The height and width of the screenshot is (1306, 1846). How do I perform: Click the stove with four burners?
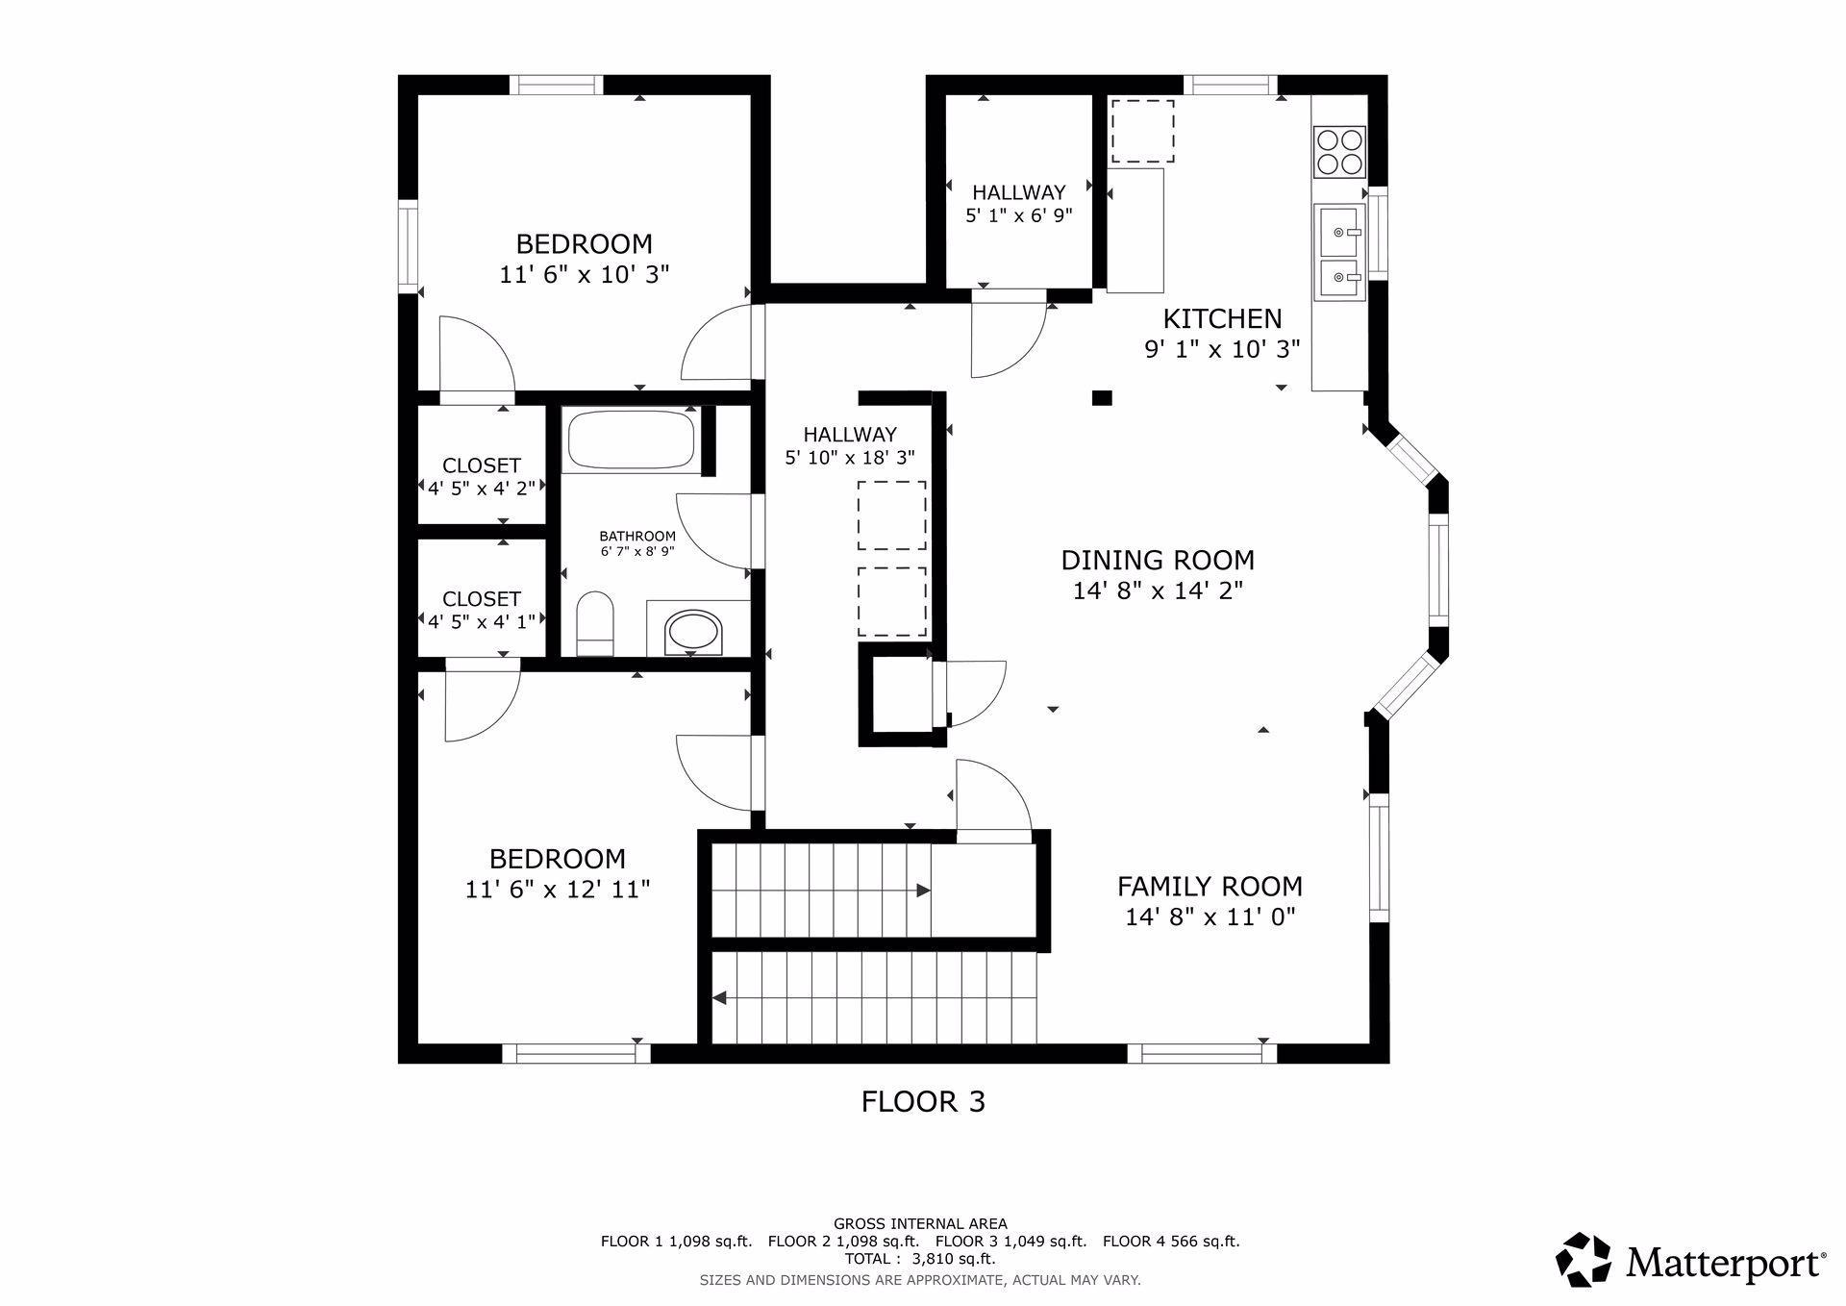coord(1339,152)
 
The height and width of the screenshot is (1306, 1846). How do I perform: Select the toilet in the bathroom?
coord(595,623)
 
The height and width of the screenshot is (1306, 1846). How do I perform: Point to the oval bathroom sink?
coord(692,632)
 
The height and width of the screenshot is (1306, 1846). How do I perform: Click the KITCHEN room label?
coord(1222,318)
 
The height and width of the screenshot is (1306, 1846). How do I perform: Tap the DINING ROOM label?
coord(1158,560)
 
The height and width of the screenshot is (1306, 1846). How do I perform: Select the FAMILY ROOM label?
coord(1210,886)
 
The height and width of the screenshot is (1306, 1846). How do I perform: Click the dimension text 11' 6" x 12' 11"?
coord(558,889)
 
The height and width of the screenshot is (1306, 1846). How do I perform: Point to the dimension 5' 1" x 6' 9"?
coord(1018,214)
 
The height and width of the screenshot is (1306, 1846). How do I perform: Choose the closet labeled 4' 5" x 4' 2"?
coord(481,465)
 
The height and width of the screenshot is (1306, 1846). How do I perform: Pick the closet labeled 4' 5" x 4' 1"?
coord(481,598)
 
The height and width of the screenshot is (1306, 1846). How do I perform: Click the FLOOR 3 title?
coord(923,1101)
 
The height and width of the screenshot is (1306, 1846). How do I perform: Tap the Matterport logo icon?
coord(1584,1259)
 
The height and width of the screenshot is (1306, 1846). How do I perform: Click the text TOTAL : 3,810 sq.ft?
coord(920,1258)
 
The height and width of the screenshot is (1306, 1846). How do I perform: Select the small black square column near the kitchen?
coord(1102,397)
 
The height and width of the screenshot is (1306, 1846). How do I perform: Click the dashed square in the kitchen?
coord(1143,131)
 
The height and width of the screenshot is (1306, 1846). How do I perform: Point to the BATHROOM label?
coord(637,536)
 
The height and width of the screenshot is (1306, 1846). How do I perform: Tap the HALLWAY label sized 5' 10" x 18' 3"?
coord(850,435)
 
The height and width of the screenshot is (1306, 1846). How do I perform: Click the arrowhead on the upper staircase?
coord(923,891)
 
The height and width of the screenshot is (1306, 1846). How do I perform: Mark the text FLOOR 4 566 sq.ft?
coord(1171,1241)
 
